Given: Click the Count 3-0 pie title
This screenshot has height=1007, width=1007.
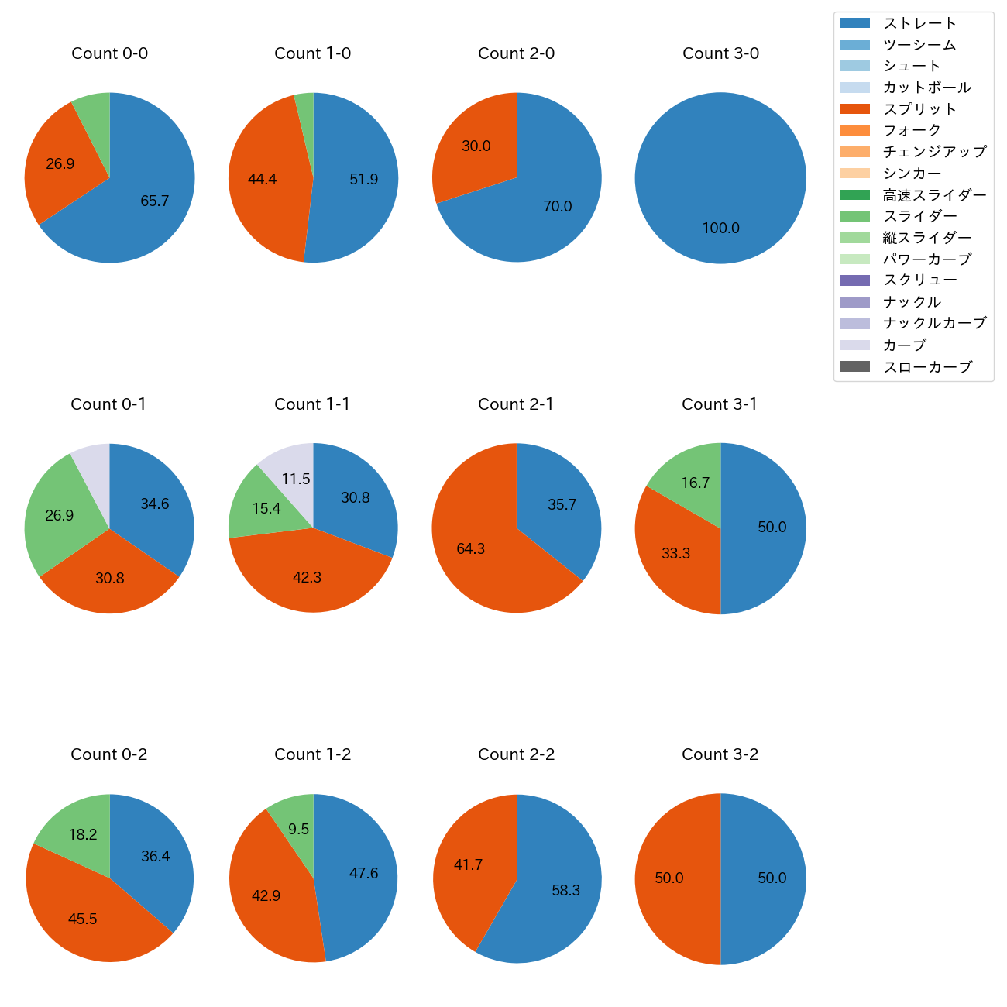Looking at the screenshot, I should (720, 53).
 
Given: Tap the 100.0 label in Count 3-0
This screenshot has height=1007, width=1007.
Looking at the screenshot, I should (720, 229).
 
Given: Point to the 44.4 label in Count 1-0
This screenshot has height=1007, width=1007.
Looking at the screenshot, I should (262, 180).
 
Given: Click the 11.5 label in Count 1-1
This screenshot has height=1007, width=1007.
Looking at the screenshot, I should (296, 479).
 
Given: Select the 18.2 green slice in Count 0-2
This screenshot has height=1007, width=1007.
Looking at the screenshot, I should (77, 829).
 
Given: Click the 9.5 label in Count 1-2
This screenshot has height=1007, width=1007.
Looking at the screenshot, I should (298, 830).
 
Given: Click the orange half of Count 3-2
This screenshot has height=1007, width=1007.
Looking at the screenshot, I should (674, 878).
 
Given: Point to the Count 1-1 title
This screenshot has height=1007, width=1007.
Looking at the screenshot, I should (312, 404).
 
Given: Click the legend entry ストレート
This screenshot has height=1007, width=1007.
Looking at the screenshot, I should (919, 23).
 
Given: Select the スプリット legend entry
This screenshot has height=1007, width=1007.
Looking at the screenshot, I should (919, 109).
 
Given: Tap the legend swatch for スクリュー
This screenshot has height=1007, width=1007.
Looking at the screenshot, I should (854, 280).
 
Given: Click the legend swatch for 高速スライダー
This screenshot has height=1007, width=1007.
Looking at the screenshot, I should (854, 195).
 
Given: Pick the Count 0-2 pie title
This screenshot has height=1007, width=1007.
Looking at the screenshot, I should (108, 754).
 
